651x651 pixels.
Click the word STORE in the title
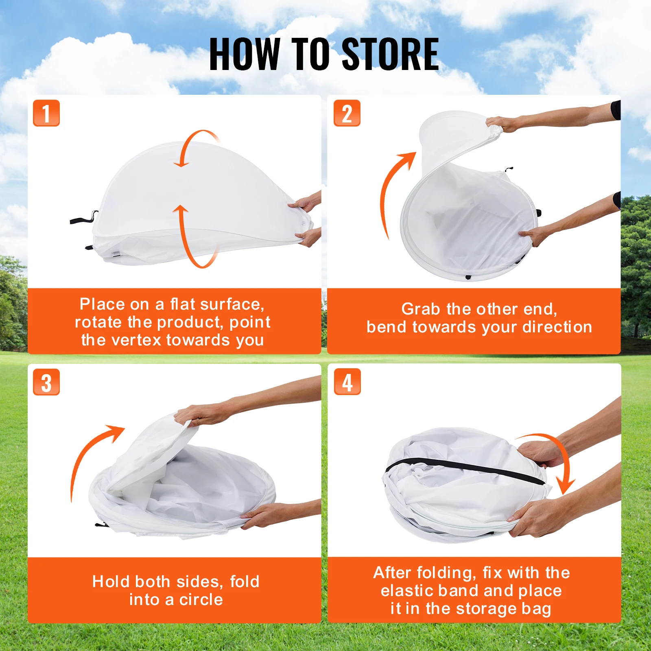pos(390,54)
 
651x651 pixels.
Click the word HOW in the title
pos(245,54)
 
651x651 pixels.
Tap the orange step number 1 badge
pos(46,113)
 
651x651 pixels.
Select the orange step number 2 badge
pos(347,113)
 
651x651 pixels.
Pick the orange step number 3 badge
pos(46,382)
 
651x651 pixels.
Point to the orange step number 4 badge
pos(347,382)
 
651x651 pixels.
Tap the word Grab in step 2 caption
pos(421,309)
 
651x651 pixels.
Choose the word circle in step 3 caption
pos(201,600)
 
